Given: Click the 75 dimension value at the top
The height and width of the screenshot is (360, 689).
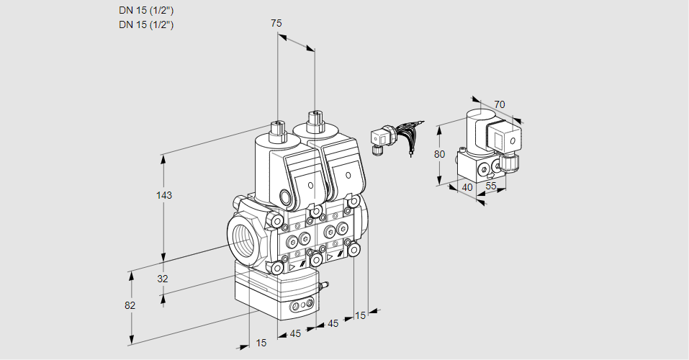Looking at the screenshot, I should coord(276,23).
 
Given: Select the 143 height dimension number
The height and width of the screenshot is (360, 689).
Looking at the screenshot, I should coord(166,195).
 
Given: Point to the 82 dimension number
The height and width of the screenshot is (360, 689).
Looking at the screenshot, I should coord(130,305).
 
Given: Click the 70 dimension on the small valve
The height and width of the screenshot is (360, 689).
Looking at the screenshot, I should coord(500,104).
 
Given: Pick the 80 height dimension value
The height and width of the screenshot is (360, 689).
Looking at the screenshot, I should coord(441,153).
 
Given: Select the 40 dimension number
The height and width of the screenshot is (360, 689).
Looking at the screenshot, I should coord(468,186).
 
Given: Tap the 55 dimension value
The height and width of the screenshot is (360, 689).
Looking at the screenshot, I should coord(492,186).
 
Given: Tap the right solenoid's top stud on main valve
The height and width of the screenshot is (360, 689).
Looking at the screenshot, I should coord(314,121).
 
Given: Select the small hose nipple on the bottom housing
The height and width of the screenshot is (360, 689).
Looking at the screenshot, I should coord(323,287).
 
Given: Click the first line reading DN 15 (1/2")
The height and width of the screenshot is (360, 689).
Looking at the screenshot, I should coord(147,10).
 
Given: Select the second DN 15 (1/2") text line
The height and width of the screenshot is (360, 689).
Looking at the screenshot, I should coord(147,25).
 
